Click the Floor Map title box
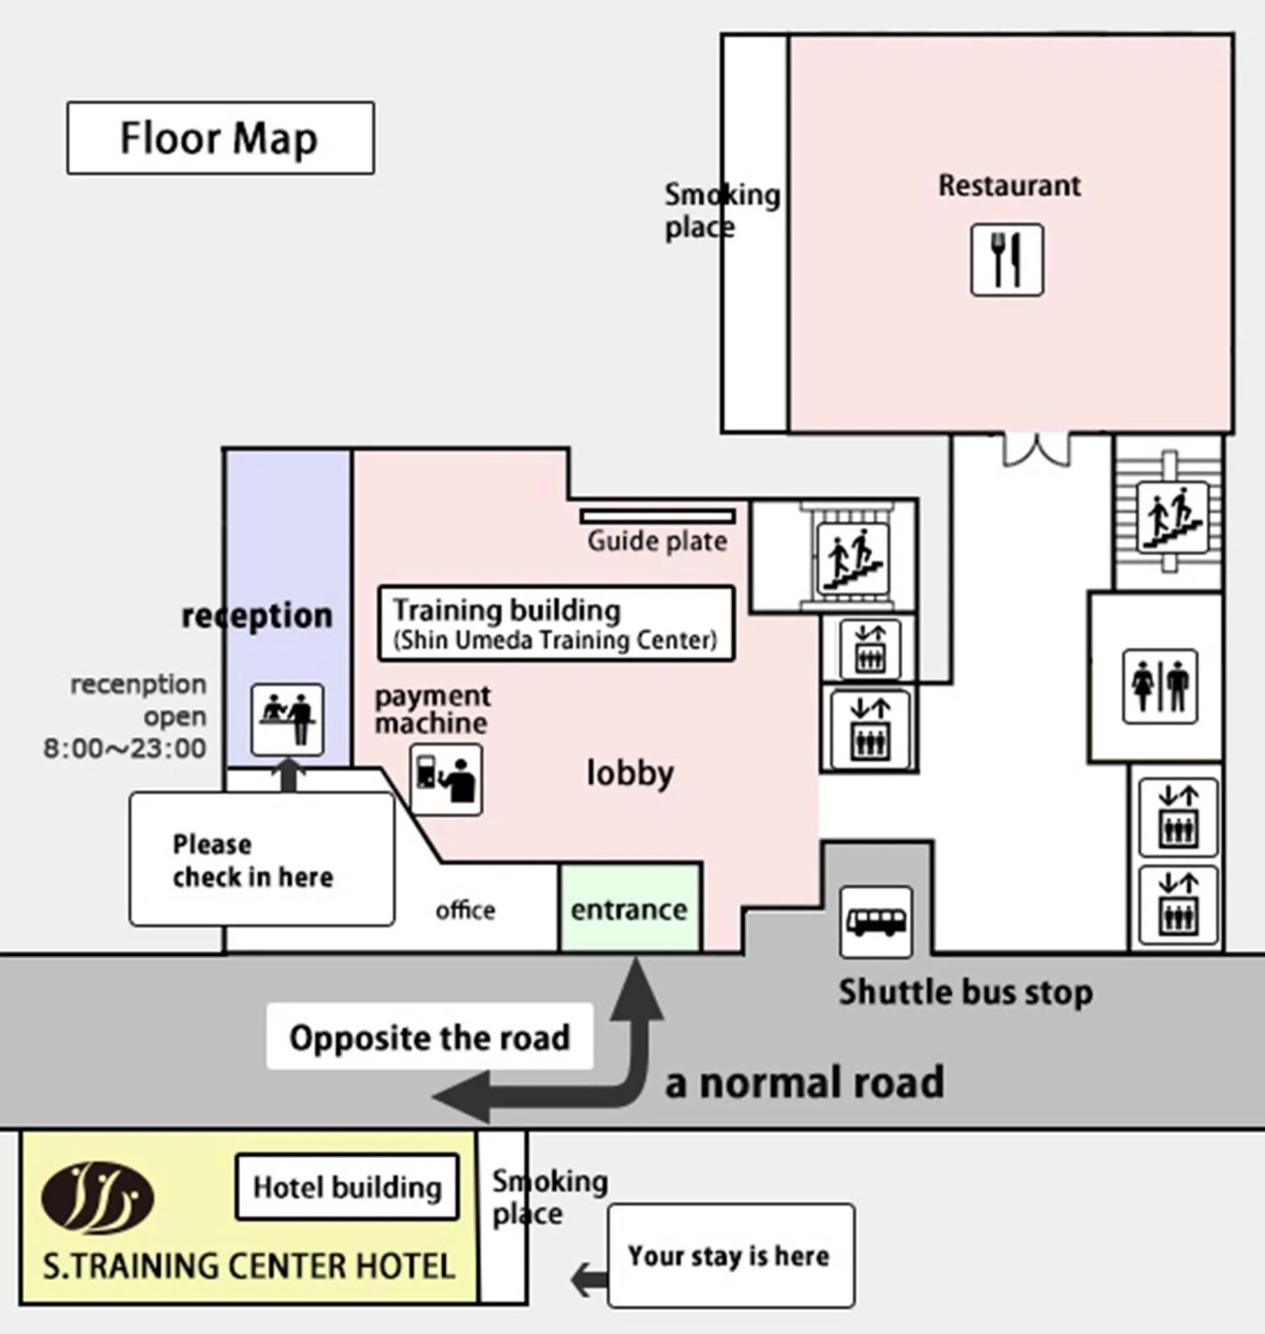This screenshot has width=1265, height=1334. click(x=221, y=138)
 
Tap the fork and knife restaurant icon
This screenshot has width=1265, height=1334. click(x=1007, y=260)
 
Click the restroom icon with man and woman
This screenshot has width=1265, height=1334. click(x=1160, y=686)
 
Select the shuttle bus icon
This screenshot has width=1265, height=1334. click(x=876, y=922)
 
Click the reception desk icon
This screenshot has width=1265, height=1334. click(x=287, y=719)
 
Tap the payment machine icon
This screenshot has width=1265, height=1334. click(x=446, y=780)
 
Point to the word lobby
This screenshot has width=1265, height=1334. click(x=630, y=773)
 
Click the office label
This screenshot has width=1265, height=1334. click(x=465, y=911)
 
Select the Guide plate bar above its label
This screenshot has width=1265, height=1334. click(x=657, y=517)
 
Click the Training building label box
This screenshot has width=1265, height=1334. click(x=557, y=624)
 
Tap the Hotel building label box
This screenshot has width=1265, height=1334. click(x=347, y=1187)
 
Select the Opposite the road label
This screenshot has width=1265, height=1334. click(x=429, y=1038)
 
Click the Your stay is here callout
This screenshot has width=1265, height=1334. click(x=731, y=1255)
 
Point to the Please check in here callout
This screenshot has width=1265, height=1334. click(x=262, y=860)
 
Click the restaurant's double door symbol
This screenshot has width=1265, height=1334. click(x=1036, y=448)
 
